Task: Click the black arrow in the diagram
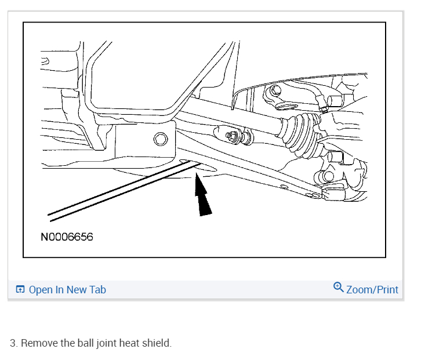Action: tap(202, 198)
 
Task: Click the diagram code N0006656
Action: tap(67, 237)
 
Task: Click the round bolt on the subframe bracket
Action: tap(161, 139)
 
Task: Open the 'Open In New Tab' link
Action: tap(67, 289)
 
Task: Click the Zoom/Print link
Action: tap(372, 289)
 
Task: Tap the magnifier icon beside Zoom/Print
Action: tap(339, 287)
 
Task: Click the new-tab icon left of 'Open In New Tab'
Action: tap(20, 289)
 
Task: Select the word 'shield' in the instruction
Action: tap(157, 343)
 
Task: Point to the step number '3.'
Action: tap(13, 343)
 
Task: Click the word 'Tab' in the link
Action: tap(97, 289)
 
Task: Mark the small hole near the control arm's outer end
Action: tap(282, 187)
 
